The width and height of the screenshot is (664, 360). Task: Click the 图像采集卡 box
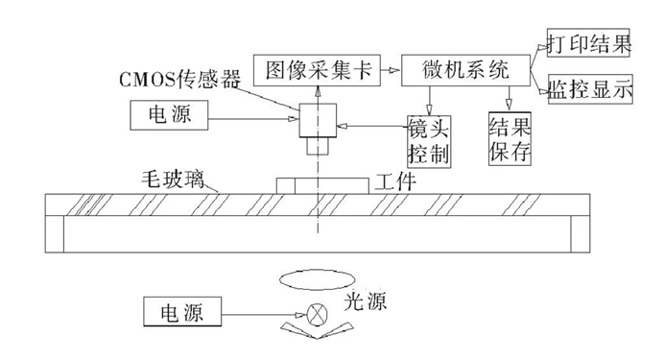(x=314, y=69)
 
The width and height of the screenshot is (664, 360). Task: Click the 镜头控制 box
(x=428, y=139)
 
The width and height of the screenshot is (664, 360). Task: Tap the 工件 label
(x=393, y=180)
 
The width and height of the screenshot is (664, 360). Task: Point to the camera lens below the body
(x=317, y=148)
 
